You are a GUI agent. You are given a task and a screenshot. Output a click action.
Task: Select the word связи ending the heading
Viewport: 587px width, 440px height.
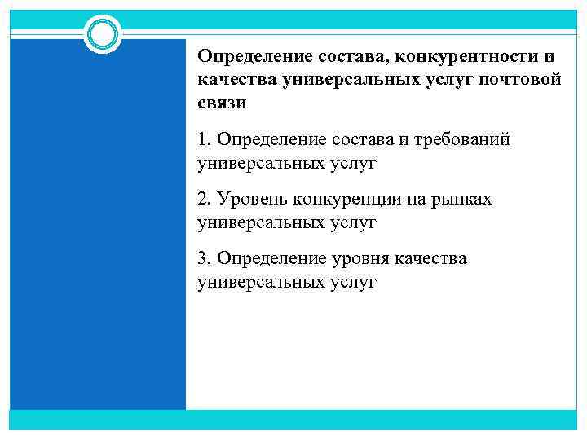tap(221, 103)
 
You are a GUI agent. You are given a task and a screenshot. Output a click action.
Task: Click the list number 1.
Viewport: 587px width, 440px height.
tap(202, 140)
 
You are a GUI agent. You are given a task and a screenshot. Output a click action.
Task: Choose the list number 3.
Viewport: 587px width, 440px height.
tap(203, 258)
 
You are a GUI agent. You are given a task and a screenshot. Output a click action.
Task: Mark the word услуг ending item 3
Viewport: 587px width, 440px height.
tap(352, 281)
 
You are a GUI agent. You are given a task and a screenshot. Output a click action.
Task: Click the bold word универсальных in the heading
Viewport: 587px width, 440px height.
tap(346, 80)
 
